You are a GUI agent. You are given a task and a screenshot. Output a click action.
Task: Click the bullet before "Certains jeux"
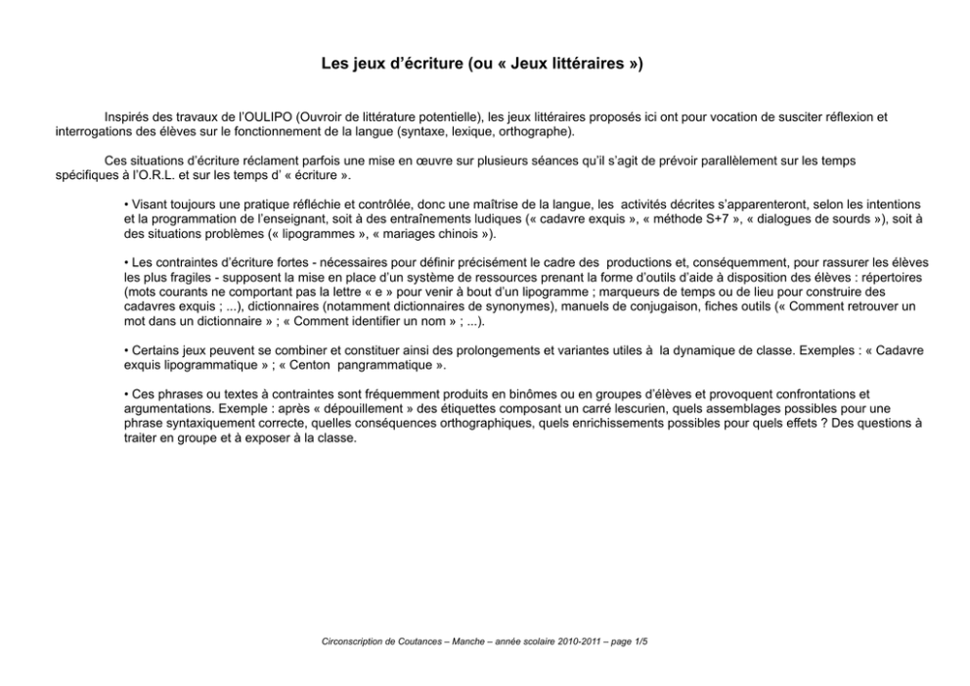pyautogui.click(x=127, y=350)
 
